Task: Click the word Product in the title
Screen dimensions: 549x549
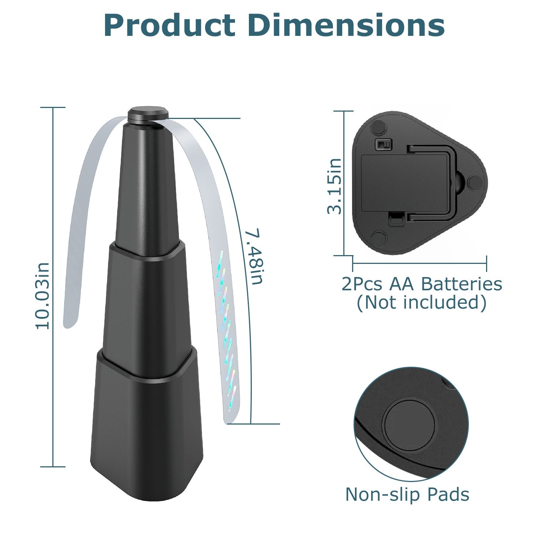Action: pyautogui.click(x=169, y=26)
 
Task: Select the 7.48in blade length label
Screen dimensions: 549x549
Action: pyautogui.click(x=254, y=257)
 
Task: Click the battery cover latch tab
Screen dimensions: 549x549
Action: pyautogui.click(x=396, y=220)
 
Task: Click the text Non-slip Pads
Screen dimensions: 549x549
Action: pyautogui.click(x=407, y=494)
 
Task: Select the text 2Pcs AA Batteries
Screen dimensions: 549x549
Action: pyautogui.click(x=422, y=284)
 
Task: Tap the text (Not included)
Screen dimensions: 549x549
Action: pyautogui.click(x=422, y=302)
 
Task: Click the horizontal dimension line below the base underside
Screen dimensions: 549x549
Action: pyautogui.click(x=419, y=262)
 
